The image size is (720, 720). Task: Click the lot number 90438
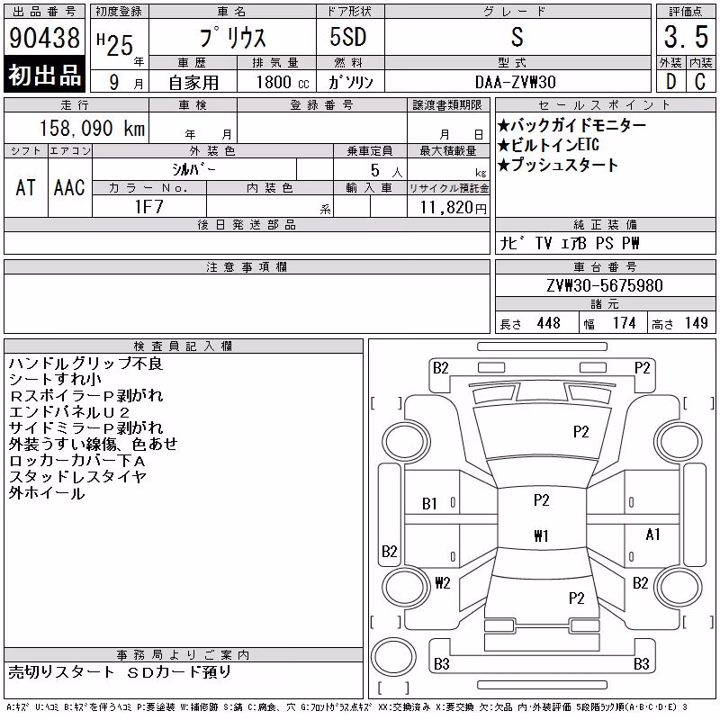pos(44,38)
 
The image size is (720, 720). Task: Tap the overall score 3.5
pos(686,37)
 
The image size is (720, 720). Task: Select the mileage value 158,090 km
pos(93,128)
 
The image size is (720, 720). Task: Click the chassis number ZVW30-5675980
pos(605,285)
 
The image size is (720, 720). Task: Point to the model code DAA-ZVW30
pos(515,82)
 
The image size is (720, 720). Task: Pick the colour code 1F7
pos(148,207)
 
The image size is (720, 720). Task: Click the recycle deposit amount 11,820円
pos(454,208)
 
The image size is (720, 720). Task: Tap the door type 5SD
pos(348,37)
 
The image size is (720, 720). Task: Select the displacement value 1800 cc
pos(283,82)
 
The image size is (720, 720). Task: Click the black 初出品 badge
pos(44,75)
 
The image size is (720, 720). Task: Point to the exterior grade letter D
pos(670,82)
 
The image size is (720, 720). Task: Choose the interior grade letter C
pos(700,82)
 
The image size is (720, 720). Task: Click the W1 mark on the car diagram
pos(542,535)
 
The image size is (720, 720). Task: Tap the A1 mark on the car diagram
pos(652,535)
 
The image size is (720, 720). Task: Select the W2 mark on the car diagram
pos(443,582)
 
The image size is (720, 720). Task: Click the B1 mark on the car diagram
pos(429,504)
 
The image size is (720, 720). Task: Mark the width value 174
pos(624,323)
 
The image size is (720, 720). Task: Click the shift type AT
pos(26,187)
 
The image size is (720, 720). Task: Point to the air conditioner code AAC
pos(69,187)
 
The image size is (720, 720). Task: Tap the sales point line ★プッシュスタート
pos(557,165)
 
